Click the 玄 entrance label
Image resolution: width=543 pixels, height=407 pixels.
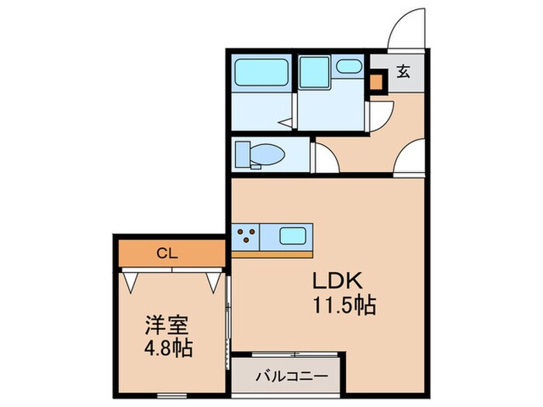tap(403, 72)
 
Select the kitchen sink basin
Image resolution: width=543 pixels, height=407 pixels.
tap(293, 235)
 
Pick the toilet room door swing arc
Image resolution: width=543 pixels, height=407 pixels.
tap(327, 159)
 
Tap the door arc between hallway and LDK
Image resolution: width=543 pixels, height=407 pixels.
tap(408, 159)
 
